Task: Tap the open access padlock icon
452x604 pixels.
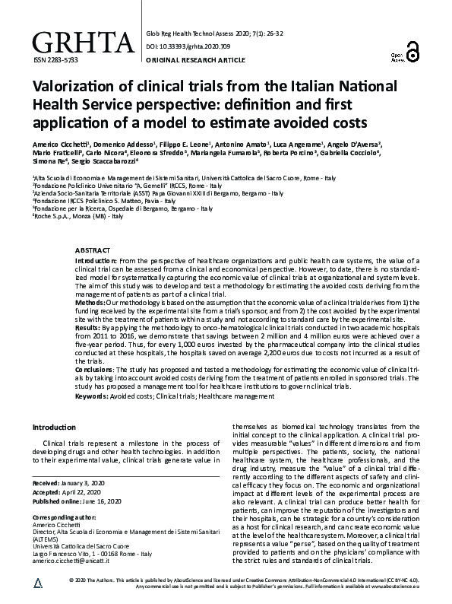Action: coord(413,52)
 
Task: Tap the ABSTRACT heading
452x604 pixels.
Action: coord(93,250)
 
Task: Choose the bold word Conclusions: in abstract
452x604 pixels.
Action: coord(95,368)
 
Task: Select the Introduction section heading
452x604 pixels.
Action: coord(55,428)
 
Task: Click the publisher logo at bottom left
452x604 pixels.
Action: coord(38,581)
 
